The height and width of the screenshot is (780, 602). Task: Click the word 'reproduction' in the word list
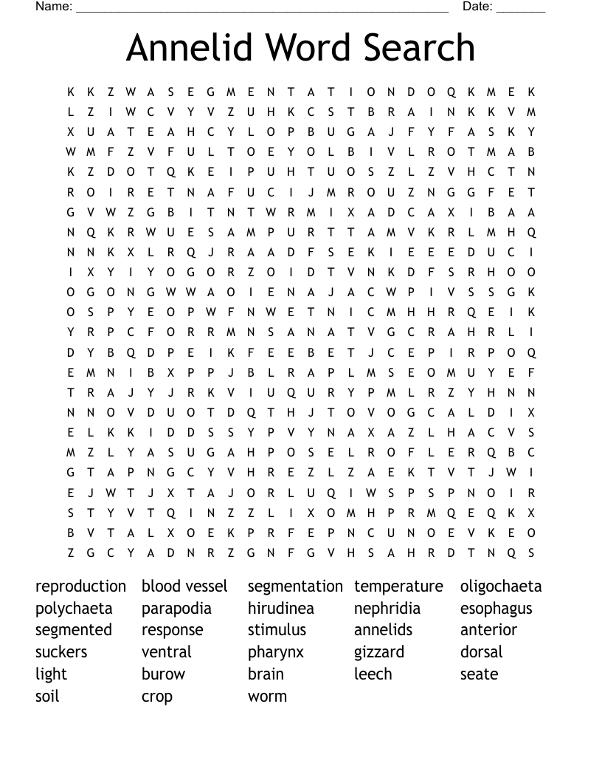click(x=80, y=586)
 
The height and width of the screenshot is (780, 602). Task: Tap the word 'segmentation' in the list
click(x=295, y=586)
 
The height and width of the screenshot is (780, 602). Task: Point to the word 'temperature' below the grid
click(x=398, y=586)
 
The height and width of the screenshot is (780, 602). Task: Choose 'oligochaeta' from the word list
click(x=501, y=586)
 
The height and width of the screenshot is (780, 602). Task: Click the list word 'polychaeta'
click(x=74, y=609)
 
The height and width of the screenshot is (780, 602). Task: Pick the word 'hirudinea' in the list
click(x=281, y=609)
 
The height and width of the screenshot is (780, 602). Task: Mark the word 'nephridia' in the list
click(x=387, y=609)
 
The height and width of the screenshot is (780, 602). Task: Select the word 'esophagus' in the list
click(x=496, y=609)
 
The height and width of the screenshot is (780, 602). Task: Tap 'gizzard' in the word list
click(x=379, y=653)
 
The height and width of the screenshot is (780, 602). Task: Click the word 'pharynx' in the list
click(x=276, y=653)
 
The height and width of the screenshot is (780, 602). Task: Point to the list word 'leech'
click(x=373, y=674)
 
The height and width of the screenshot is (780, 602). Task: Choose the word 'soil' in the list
click(x=47, y=696)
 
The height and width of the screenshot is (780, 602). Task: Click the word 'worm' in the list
click(x=267, y=696)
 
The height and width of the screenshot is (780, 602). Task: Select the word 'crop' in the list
click(x=157, y=697)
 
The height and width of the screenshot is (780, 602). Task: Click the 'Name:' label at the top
click(x=54, y=7)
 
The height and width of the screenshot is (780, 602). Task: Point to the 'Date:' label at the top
click(x=477, y=7)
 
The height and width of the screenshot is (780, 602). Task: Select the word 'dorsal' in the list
click(x=481, y=652)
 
